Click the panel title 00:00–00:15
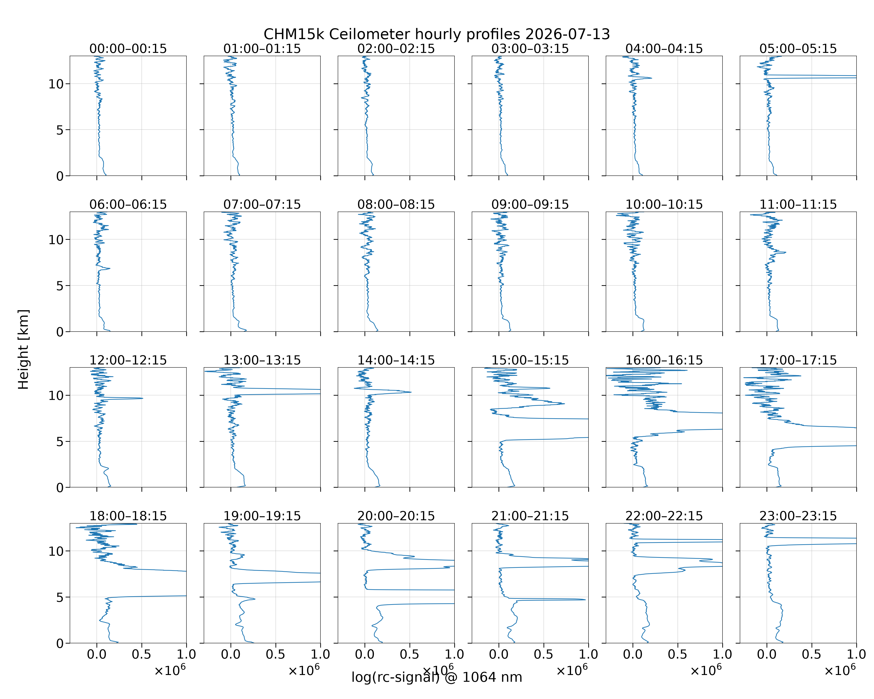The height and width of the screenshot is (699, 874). [128, 49]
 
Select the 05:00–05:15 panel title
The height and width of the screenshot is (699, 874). [798, 49]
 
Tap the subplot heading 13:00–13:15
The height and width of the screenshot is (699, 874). [262, 360]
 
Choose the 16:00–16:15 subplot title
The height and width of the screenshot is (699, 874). [664, 360]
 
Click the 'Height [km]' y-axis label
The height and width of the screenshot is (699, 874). [24, 349]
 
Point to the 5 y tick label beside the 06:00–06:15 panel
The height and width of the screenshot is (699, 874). [60, 286]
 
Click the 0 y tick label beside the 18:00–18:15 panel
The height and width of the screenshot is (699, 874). [60, 644]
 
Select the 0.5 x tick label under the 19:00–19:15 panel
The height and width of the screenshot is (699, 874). [276, 654]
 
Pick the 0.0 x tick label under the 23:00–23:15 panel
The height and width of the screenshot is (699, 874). [767, 654]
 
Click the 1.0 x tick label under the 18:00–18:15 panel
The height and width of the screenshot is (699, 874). [186, 654]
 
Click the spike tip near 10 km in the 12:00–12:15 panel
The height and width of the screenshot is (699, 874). [143, 398]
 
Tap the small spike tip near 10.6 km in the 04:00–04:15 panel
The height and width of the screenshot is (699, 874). [651, 78]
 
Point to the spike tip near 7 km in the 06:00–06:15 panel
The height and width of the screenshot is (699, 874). [110, 268]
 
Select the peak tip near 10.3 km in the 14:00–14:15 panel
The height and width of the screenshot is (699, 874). [411, 392]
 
